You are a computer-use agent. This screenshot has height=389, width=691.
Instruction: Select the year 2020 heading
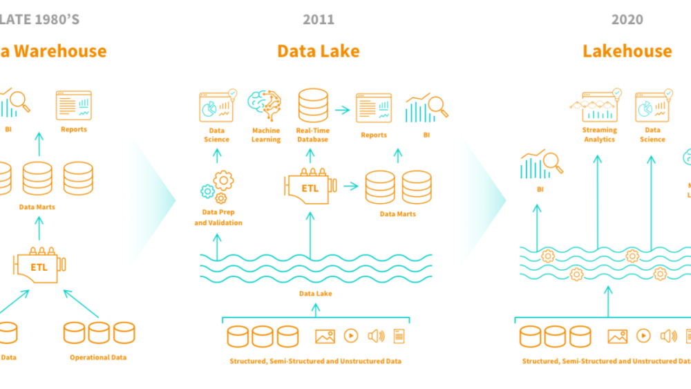coord(627,19)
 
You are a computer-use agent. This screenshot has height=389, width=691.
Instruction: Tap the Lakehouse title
coord(627,51)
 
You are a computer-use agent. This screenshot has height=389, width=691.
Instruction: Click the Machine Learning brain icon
coord(265,106)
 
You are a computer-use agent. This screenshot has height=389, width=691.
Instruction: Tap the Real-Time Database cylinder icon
coord(312,106)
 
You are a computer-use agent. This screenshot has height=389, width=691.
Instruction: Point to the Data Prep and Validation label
coord(218,218)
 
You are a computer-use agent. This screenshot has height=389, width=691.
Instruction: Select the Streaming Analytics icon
coord(599,106)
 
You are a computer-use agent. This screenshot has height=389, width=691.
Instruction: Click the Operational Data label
coord(99,339)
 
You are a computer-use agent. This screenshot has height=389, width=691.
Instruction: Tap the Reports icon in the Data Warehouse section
coord(73,105)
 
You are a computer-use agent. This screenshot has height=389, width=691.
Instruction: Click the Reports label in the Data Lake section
coord(374,135)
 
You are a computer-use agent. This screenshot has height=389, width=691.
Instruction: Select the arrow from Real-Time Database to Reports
coord(341,109)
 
